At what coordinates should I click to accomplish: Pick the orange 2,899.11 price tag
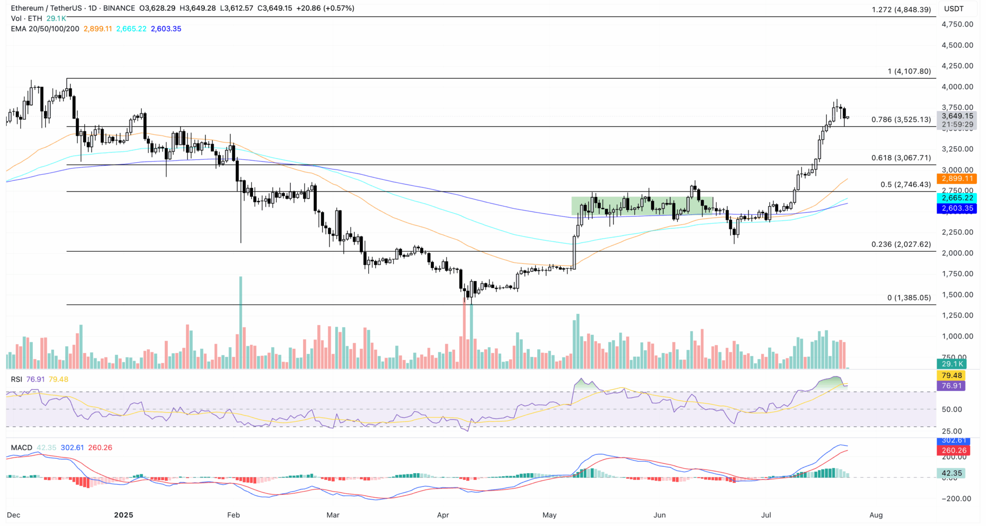[x=957, y=179]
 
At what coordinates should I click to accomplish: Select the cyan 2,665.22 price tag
[x=957, y=198]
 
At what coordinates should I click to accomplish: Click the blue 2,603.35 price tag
[x=957, y=209]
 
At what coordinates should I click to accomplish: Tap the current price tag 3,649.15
[x=957, y=116]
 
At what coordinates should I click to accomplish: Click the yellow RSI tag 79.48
[x=952, y=375]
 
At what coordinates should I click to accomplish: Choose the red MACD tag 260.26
[x=954, y=450]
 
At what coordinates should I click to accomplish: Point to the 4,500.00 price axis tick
[x=957, y=45]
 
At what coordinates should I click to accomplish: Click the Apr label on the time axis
[x=443, y=515]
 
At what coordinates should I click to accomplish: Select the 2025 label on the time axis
[x=123, y=515]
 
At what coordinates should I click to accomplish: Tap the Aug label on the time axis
[x=876, y=515]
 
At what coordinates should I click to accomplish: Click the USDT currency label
[x=954, y=9]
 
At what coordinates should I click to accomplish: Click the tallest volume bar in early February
[x=240, y=323]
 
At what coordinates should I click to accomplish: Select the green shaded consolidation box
[x=642, y=206]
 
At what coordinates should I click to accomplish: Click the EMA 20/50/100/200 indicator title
[x=45, y=29]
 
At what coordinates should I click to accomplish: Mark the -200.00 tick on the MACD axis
[x=956, y=499]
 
